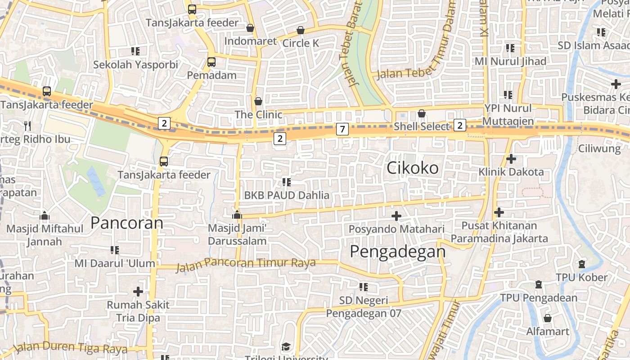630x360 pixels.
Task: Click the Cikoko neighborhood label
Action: coord(413,168)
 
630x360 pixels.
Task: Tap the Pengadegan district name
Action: coord(398,251)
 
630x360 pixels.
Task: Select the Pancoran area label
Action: coord(127,223)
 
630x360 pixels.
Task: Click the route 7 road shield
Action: coord(342,129)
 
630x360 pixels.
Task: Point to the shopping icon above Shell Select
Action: coord(422,113)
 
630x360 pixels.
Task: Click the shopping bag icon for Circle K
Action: coord(301,30)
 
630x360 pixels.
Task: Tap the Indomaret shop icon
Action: coord(250,28)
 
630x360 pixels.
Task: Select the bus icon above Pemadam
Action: coord(211,62)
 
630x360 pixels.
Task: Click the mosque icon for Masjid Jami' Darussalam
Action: coord(237,215)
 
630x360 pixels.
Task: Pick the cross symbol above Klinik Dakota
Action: coord(511,158)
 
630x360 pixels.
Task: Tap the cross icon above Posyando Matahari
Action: coord(396,216)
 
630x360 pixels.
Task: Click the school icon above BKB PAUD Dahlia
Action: coord(286,182)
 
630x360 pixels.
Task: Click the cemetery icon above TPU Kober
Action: coord(582,264)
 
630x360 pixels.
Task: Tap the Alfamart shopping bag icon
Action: coord(548,318)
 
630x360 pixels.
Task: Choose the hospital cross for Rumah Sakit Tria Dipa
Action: coord(138,292)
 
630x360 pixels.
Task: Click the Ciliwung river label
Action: coord(599,148)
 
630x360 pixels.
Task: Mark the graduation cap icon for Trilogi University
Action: coord(286,346)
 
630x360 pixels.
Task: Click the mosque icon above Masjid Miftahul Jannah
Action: coord(45,216)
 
